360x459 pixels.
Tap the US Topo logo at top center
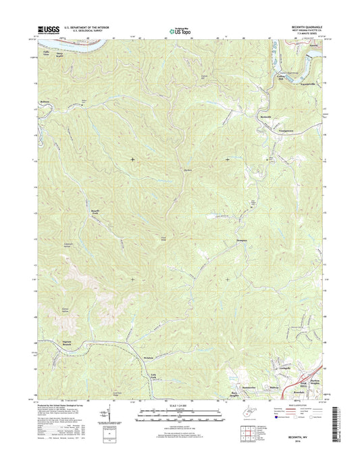[179, 30]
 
